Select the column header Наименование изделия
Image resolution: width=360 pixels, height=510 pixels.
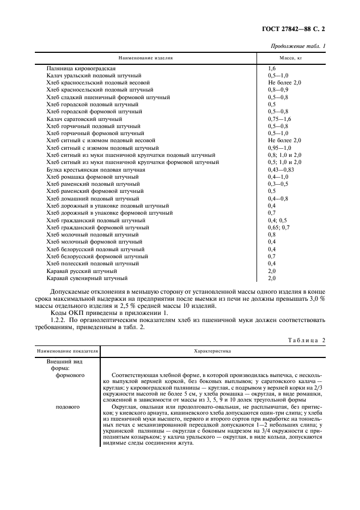145,57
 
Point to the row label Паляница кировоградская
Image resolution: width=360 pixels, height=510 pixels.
81,68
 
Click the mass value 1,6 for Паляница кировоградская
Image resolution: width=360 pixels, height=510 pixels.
272,68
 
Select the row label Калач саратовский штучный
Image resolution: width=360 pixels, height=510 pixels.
84,118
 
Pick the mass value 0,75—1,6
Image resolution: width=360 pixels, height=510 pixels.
279,118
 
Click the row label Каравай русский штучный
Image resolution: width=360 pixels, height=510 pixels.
82,271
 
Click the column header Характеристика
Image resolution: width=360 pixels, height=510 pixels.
212,351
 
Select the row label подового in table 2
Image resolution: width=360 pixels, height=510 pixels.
69,406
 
